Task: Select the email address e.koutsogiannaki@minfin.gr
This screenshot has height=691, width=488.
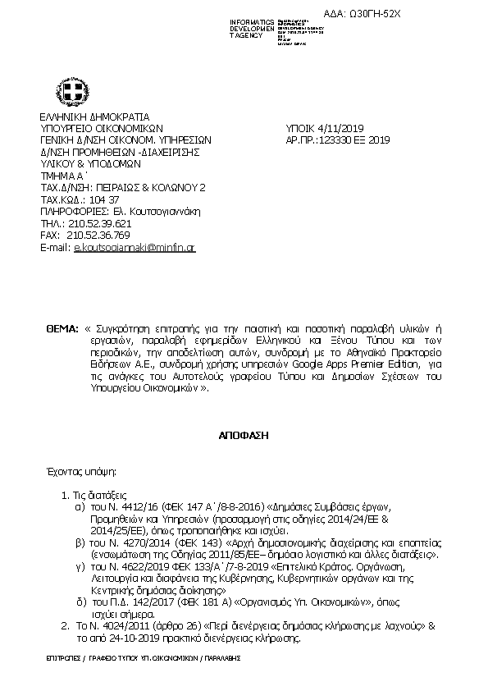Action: click(x=135, y=247)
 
